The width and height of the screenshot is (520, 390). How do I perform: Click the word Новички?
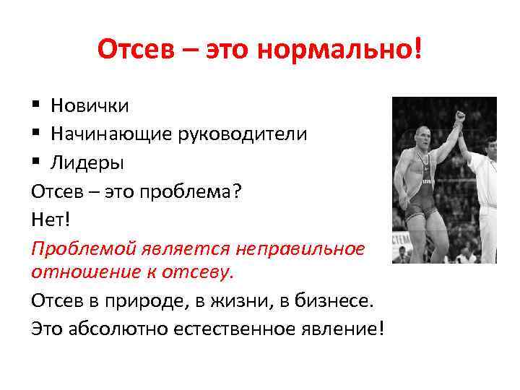click(x=90, y=106)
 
